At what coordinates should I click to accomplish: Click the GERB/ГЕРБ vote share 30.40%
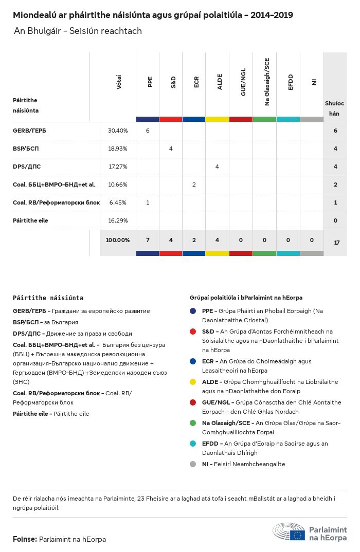click(x=118, y=131)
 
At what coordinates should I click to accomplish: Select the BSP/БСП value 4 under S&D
click(x=171, y=149)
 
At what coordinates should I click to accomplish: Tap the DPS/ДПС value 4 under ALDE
click(x=217, y=167)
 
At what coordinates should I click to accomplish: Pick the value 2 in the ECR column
click(x=194, y=185)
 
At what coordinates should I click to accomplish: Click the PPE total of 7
click(x=148, y=241)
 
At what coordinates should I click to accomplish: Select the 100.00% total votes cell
click(x=118, y=241)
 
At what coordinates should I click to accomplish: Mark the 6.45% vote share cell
click(x=118, y=203)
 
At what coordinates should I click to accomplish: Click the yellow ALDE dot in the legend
click(x=193, y=382)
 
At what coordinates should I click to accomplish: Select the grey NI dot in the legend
click(x=193, y=464)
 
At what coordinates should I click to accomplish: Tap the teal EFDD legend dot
click(x=193, y=444)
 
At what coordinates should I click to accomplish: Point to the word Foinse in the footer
click(x=25, y=539)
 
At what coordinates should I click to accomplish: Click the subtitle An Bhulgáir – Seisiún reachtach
click(x=78, y=31)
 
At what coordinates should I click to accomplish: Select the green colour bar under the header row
click(x=264, y=119)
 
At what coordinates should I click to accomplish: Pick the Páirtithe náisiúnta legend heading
click(x=48, y=298)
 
